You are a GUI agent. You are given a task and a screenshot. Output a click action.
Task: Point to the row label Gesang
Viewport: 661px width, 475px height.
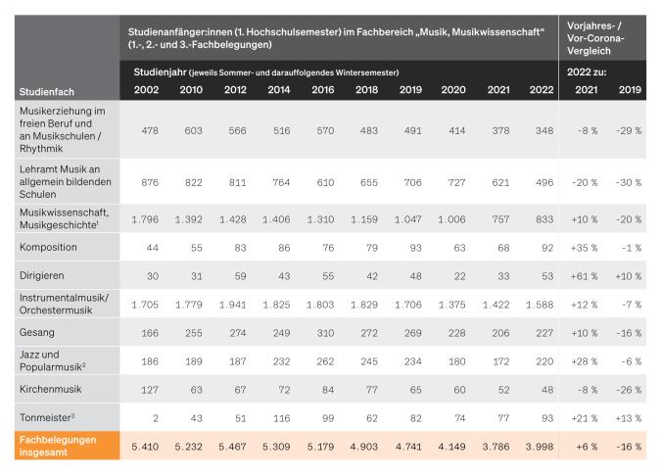(36, 333)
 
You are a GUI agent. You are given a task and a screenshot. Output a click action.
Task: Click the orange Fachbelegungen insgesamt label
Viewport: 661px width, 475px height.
(59, 445)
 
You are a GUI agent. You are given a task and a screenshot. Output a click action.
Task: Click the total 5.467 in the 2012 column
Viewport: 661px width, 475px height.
(234, 447)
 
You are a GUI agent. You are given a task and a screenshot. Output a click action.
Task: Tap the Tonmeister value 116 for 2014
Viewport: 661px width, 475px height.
(277, 419)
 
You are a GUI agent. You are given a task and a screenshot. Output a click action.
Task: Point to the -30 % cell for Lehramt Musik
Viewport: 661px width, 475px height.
(628, 182)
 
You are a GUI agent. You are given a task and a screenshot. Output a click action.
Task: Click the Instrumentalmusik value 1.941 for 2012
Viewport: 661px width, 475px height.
(234, 306)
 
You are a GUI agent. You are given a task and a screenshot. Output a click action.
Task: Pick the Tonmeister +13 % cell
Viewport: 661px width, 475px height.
(628, 419)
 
